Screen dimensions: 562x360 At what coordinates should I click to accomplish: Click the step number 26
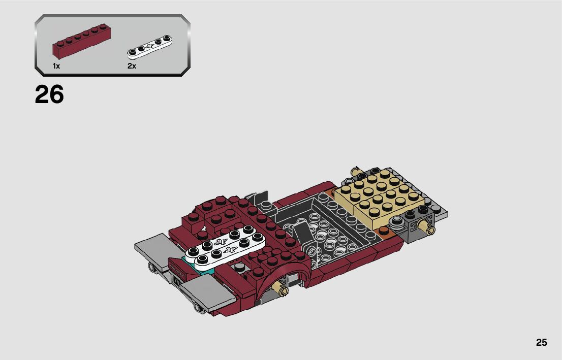tap(49, 94)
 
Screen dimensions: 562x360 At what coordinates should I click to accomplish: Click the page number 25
tap(542, 342)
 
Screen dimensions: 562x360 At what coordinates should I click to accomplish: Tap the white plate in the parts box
tap(150, 47)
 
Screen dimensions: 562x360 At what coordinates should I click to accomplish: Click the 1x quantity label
tap(56, 66)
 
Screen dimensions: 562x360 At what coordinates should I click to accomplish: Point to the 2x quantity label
tap(132, 66)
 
